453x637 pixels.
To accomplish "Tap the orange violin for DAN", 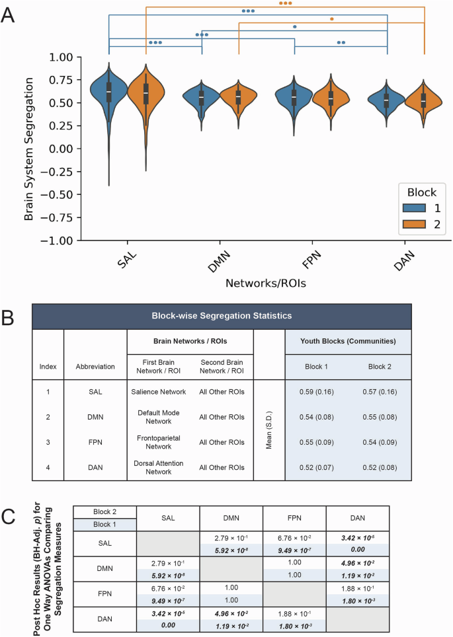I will (424, 100).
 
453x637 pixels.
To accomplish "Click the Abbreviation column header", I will (95, 365).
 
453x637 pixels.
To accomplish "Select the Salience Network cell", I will (158, 391).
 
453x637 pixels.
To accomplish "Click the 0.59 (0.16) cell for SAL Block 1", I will (316, 391).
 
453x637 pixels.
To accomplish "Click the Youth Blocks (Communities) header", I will (348, 342).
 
